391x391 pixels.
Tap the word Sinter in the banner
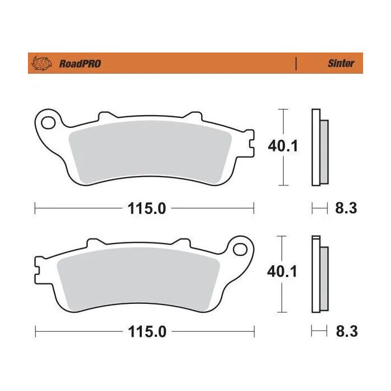click(x=340, y=63)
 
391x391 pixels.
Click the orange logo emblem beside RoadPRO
click(x=42, y=63)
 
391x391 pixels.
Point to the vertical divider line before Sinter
click(x=295, y=63)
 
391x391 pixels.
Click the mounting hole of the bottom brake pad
click(x=240, y=246)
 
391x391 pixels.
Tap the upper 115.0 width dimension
click(x=144, y=209)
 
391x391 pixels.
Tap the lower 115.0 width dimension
click(x=144, y=332)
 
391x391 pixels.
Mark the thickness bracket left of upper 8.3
click(x=319, y=209)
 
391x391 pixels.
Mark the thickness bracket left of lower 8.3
click(x=319, y=332)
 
